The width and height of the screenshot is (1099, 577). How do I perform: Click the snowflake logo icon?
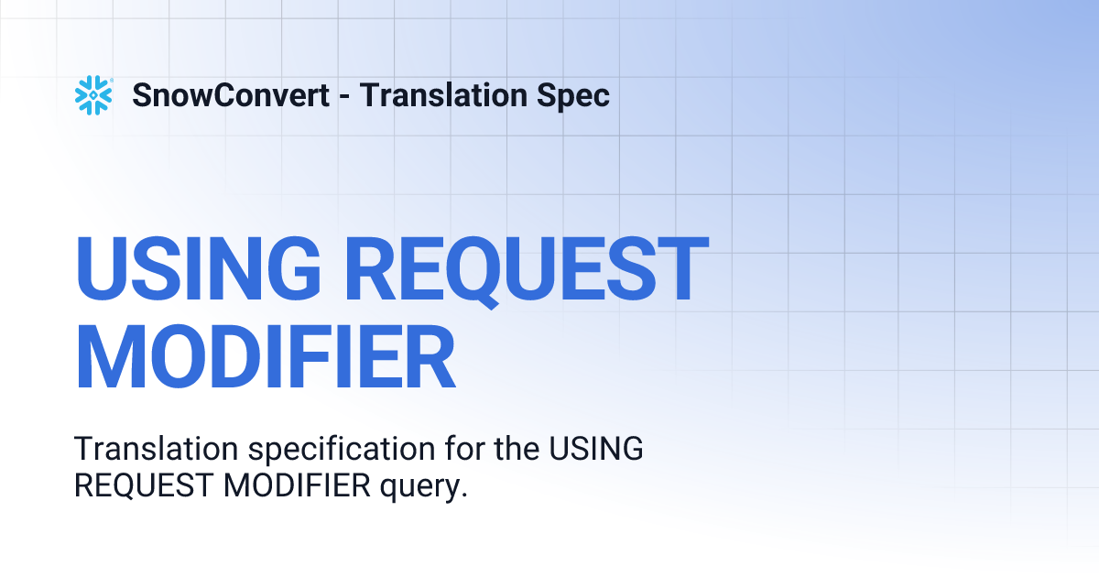point(93,95)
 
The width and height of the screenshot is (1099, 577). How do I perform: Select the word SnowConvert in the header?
point(231,95)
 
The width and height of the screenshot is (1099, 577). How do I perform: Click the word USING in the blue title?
point(197,270)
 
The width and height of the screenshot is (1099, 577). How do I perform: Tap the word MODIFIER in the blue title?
point(265,354)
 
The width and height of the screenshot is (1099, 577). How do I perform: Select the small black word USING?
point(595,450)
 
